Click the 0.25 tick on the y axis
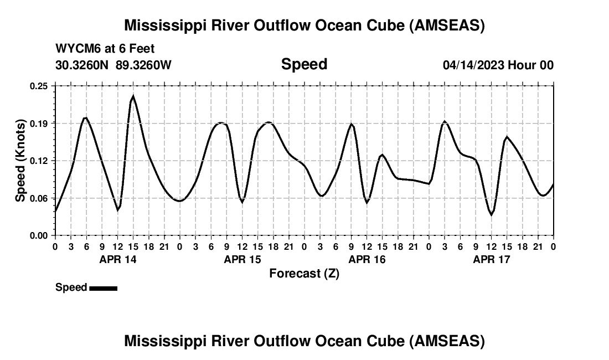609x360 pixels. tap(39, 86)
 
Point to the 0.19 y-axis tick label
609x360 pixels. tap(39, 123)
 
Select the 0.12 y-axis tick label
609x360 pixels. tap(39, 161)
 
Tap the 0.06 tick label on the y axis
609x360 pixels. tap(39, 198)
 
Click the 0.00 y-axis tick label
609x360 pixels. tap(39, 235)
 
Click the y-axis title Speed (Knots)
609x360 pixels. tap(20, 161)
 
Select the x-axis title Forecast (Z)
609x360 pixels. tap(304, 273)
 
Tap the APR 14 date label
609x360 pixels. tap(117, 259)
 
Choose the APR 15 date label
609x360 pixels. tap(242, 259)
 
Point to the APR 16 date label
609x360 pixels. tap(367, 259)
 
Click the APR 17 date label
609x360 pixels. tap(491, 259)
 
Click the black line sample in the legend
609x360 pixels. tap(103, 288)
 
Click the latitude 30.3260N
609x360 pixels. tap(82, 65)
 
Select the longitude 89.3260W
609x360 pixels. tap(143, 65)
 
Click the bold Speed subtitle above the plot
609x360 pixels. tap(304, 64)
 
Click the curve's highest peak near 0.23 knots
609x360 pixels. tap(133, 97)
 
